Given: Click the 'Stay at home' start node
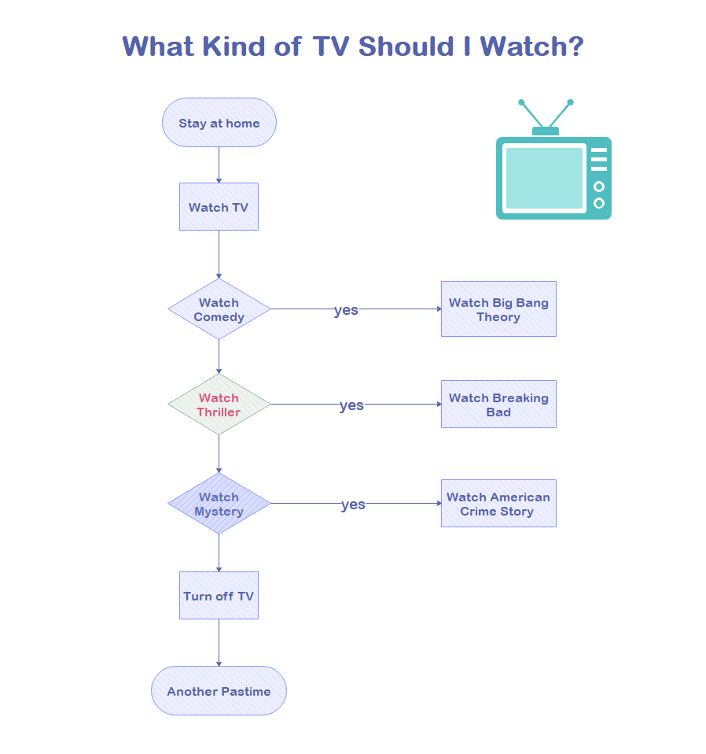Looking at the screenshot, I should pos(219,123).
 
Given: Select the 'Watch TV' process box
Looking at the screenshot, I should pos(219,207).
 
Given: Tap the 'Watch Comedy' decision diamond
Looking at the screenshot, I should pos(219,309).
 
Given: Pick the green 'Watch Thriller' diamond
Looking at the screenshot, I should pos(219,405).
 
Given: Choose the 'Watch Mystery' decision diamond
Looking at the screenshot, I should pos(219,504).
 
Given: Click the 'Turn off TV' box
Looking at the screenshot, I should pos(219,596).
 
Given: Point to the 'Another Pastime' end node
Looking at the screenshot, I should pos(219,691).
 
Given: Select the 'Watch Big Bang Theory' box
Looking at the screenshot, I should pos(498,309).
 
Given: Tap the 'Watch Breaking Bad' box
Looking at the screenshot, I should pos(498,405).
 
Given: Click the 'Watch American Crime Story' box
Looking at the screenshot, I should pos(498,504).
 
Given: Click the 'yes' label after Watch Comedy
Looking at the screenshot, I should pos(346,310).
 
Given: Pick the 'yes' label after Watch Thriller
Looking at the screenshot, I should pos(351,405).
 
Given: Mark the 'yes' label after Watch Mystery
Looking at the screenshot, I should pos(353,505).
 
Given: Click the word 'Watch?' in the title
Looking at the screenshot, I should pos(531,46).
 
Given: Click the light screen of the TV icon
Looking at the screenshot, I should pos(544,178).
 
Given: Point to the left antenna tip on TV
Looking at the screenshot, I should pos(521,102).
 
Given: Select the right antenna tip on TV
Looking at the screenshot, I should pos(570,102).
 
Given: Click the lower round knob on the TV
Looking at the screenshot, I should pos(599,203).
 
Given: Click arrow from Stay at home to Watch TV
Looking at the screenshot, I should pos(219,164).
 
